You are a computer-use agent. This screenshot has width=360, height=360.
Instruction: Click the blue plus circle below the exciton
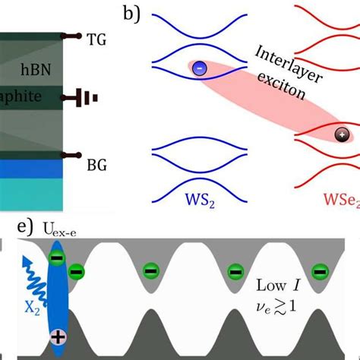57,333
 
